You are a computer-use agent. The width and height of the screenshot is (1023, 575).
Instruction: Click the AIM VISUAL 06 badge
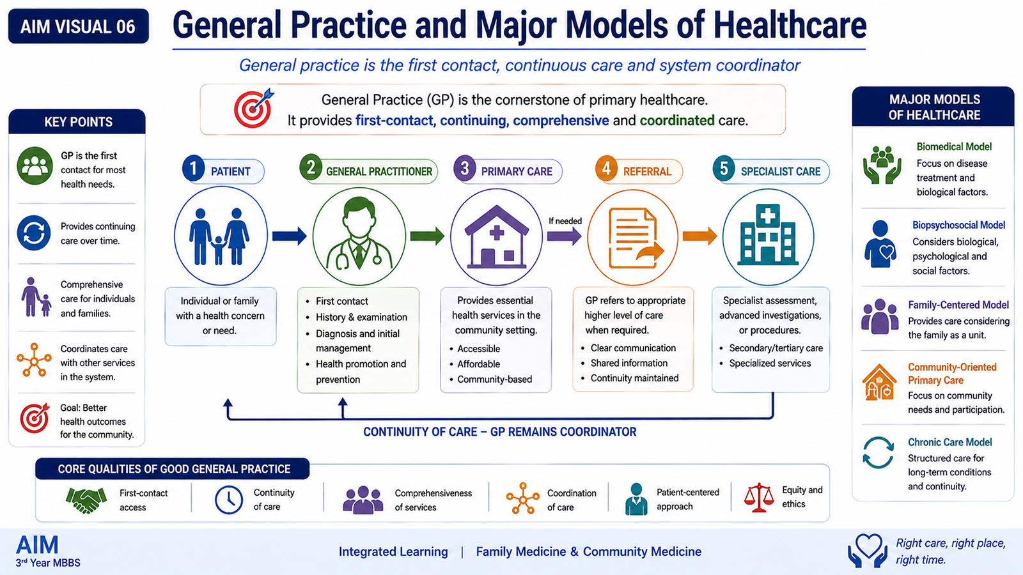(79, 26)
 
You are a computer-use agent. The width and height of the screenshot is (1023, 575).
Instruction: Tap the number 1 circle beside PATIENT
(193, 168)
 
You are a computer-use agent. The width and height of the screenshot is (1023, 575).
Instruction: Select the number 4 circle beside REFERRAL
(606, 168)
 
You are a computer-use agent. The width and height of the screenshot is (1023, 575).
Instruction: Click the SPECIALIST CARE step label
(781, 172)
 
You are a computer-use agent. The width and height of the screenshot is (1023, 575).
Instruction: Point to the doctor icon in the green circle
(359, 233)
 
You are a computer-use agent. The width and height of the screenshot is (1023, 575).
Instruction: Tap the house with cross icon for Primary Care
(496, 236)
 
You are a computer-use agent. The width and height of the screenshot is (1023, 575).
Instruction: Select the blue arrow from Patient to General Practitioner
(290, 236)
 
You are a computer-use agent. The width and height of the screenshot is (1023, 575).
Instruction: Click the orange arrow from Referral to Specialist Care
(699, 236)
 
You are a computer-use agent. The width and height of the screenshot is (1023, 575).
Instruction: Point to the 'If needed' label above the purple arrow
(565, 221)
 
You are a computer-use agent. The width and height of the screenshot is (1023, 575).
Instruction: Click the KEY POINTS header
(78, 122)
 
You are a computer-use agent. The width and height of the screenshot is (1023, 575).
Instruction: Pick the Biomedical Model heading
(954, 146)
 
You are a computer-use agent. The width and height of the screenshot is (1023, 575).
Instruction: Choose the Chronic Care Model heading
(949, 442)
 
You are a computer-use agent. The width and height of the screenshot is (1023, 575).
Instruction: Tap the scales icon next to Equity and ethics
(758, 498)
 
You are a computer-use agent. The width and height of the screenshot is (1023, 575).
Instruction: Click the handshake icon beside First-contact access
(86, 500)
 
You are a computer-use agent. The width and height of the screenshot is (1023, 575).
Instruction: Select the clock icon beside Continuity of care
(229, 500)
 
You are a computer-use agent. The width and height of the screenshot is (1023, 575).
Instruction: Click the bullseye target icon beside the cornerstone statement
(254, 108)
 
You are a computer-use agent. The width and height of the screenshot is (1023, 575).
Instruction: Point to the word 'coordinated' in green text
(677, 121)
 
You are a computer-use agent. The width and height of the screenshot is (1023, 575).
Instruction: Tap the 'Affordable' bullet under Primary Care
(478, 364)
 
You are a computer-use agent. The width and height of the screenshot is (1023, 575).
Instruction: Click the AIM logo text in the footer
(38, 544)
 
